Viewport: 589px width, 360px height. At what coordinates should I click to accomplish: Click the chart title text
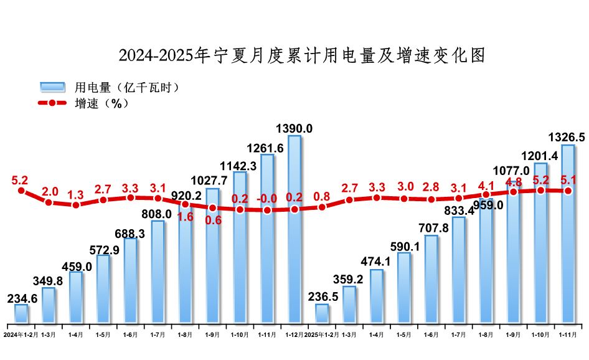click(x=301, y=55)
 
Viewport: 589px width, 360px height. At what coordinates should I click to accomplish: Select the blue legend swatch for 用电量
click(x=53, y=87)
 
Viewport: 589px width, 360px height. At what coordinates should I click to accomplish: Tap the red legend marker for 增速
click(x=53, y=103)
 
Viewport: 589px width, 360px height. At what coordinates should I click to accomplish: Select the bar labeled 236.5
click(x=322, y=313)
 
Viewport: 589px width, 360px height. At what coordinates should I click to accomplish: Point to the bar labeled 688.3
click(x=131, y=280)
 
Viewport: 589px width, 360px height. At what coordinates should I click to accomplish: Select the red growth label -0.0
click(x=266, y=199)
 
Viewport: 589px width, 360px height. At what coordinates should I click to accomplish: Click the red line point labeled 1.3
click(x=76, y=204)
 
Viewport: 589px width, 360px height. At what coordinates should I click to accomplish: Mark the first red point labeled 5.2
click(x=21, y=191)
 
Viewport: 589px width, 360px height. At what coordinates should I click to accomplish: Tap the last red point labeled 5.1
click(x=568, y=191)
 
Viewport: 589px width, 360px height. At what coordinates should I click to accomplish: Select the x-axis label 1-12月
click(x=293, y=334)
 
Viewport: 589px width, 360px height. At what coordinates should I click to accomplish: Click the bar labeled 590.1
click(x=404, y=288)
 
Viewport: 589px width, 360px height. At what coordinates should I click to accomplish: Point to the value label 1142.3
click(x=240, y=166)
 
